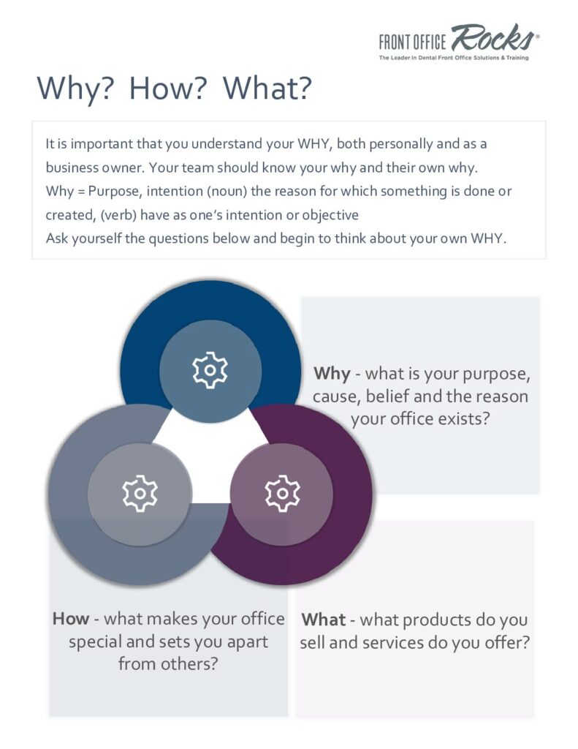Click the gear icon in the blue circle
[x=210, y=370]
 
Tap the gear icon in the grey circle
[x=140, y=494]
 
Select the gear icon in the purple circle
[x=282, y=494]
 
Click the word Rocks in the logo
[x=493, y=37]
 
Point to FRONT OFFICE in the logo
[x=412, y=42]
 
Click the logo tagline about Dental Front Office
[x=454, y=58]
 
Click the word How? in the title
[x=168, y=89]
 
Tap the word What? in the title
[x=267, y=89]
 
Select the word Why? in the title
[x=75, y=89]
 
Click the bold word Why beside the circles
[x=332, y=373]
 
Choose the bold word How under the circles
[x=71, y=619]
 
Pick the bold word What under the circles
[x=324, y=620]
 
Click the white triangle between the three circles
[x=210, y=459]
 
